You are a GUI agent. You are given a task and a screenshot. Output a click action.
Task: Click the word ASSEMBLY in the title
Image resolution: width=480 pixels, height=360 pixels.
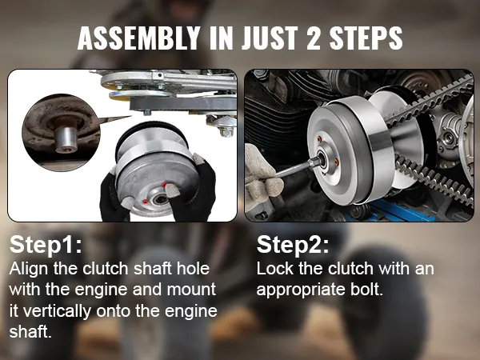pos(138,38)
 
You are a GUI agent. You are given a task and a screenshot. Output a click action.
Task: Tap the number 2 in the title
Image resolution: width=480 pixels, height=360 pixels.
pos(313,38)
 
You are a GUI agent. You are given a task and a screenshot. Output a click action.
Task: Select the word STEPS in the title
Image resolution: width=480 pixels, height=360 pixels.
pos(366,38)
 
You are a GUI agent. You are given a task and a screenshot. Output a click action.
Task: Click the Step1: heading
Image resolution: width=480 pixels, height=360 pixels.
pos(46,245)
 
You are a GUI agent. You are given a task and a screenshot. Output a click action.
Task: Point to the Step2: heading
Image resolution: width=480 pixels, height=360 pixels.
pos(293,245)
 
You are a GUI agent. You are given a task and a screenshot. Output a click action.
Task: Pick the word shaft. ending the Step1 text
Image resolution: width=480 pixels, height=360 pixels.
pos(30,331)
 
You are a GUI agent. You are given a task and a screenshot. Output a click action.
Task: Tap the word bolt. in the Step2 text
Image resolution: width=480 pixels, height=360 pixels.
pos(366,289)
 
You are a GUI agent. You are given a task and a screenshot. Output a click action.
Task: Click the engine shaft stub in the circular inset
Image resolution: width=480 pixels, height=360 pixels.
pos(66,138)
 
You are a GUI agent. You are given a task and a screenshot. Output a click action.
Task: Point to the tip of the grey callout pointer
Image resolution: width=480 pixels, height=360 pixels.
pos(132,116)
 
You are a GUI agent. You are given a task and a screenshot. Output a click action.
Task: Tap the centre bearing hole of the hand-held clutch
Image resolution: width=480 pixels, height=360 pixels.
pos(160,200)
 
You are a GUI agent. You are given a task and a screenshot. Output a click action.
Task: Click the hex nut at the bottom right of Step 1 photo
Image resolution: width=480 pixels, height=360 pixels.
pos(226,131)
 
